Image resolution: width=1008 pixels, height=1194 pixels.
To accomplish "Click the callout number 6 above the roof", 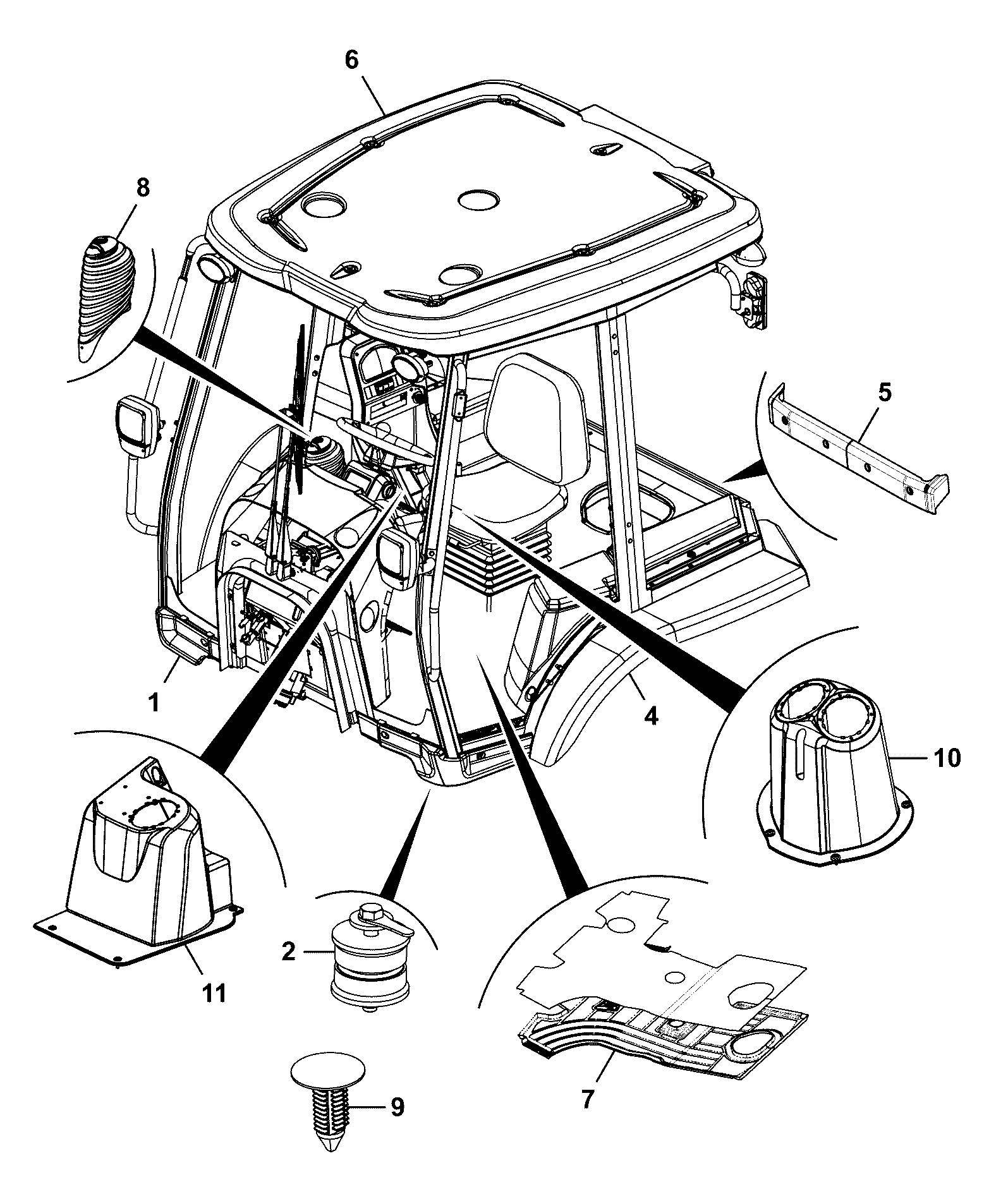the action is point(351,60).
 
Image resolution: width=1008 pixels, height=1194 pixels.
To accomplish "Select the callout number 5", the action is point(885,392).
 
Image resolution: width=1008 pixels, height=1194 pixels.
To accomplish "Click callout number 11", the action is point(214,994).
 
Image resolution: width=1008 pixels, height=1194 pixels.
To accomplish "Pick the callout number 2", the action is point(288,951).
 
